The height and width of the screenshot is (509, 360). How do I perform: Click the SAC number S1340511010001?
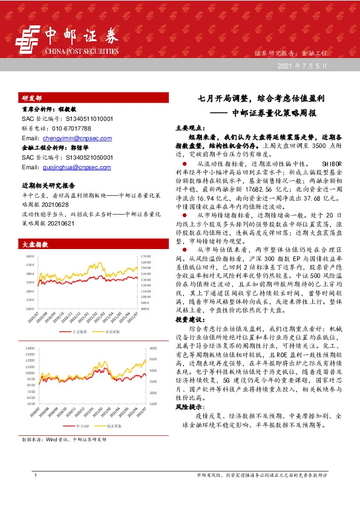[x=83, y=120]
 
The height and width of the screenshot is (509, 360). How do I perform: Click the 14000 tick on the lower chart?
[x=30, y=349]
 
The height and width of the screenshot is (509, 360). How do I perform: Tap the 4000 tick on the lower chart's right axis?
[x=151, y=349]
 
